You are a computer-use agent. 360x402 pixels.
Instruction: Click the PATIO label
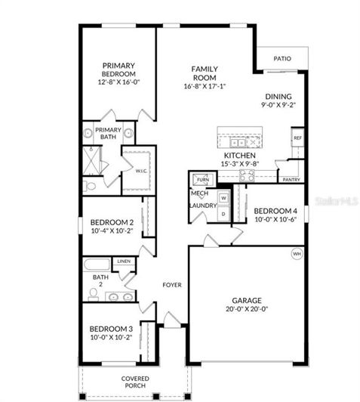tap(282, 57)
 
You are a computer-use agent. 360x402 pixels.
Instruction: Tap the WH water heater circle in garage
tap(296, 255)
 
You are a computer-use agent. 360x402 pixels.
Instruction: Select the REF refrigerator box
tap(297, 138)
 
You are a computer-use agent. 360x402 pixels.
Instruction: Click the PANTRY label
tap(291, 180)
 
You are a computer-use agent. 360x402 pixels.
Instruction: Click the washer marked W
tap(223, 199)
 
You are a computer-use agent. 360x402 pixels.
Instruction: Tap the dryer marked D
tap(223, 214)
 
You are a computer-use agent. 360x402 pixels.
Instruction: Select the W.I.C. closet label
tap(141, 171)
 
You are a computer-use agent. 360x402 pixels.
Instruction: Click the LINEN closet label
tap(123, 261)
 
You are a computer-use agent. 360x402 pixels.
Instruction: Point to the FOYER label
tap(172, 285)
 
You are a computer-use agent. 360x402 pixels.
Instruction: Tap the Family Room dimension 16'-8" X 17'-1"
tap(205, 86)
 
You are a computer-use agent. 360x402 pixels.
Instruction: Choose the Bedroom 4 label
tap(275, 211)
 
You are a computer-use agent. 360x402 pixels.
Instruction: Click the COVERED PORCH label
tap(136, 382)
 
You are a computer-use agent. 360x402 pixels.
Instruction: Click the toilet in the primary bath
tap(91, 184)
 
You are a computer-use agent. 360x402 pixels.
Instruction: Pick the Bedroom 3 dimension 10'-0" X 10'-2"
tap(111, 338)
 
